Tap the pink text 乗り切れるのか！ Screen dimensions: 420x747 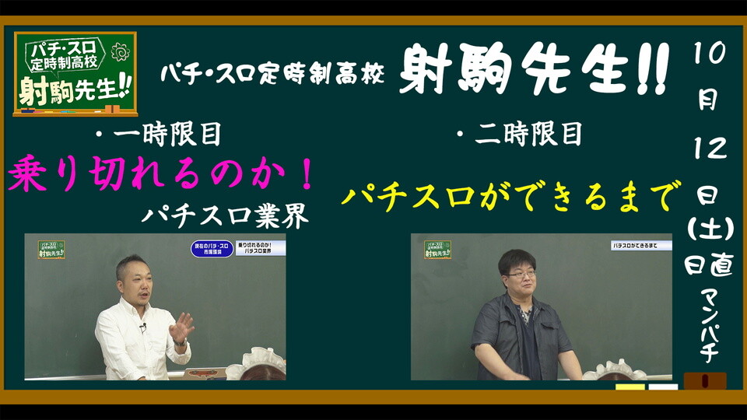click(x=162, y=174)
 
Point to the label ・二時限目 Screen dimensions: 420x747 click(x=519, y=135)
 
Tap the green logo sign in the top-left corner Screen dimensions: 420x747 click(x=75, y=73)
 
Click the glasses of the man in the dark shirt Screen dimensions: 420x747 click(x=520, y=273)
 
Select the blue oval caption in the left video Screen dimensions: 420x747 click(x=212, y=250)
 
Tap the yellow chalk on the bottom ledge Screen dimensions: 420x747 click(x=630, y=387)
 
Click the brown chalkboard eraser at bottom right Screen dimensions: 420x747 click(x=704, y=381)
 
